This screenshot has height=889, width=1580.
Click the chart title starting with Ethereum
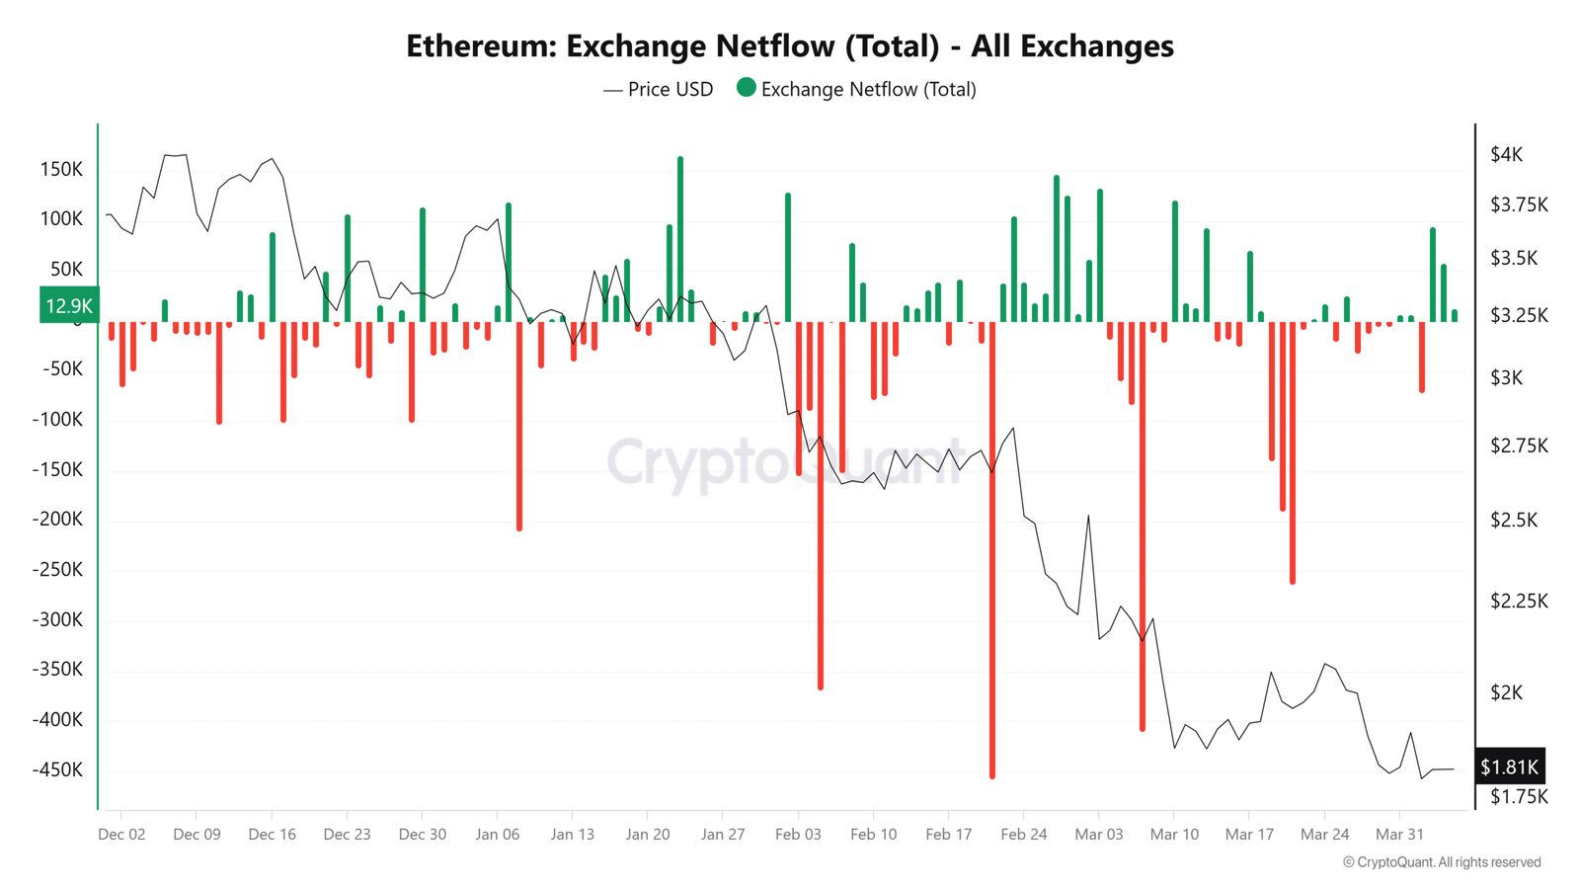(790, 46)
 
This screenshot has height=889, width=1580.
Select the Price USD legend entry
(659, 90)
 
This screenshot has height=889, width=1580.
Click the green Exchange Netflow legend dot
(747, 88)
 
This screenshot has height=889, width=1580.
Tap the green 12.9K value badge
(69, 305)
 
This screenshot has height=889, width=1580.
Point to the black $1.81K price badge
(1509, 767)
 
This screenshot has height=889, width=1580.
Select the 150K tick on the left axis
(61, 169)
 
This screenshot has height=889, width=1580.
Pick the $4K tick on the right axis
(1506, 154)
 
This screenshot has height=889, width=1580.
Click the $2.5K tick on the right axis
(1513, 520)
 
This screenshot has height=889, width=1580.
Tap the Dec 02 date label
(121, 834)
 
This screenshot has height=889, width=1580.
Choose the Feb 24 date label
(1023, 834)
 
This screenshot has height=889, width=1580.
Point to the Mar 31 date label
(1399, 834)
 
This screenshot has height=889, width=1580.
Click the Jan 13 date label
(573, 834)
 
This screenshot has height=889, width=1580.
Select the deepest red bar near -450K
(992, 553)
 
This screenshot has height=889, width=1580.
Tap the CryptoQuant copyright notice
(1442, 862)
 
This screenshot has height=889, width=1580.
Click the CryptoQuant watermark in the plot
(785, 461)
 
